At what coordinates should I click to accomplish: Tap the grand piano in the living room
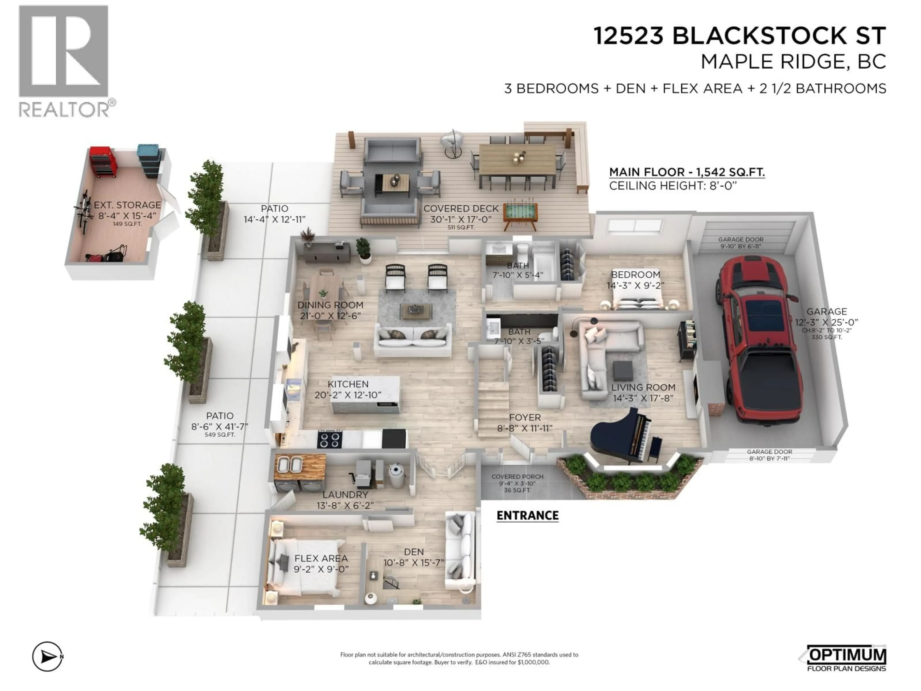coord(625,435)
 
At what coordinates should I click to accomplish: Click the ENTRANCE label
coord(527,516)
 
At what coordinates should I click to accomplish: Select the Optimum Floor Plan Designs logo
coord(845,658)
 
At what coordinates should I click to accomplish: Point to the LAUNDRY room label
coord(345,494)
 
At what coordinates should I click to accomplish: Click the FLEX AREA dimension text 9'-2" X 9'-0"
coord(321,569)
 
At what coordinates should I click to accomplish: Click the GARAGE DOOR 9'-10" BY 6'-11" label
coord(741,243)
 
